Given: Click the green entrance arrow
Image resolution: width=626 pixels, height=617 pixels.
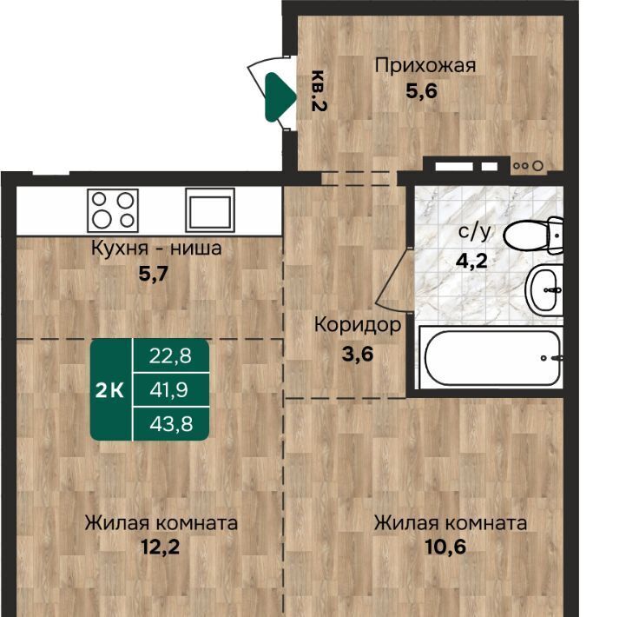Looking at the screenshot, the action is click(x=280, y=96).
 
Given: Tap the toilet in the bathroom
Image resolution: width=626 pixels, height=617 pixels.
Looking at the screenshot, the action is click(x=534, y=236).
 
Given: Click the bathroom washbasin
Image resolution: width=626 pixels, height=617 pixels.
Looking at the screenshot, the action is click(x=544, y=289).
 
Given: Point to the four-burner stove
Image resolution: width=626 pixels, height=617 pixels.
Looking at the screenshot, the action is click(x=113, y=210).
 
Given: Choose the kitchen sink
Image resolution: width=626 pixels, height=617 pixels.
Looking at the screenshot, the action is click(x=210, y=210).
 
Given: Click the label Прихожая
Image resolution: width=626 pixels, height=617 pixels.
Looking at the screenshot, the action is click(x=425, y=65).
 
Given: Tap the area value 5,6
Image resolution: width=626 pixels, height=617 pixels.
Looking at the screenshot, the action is click(x=422, y=91).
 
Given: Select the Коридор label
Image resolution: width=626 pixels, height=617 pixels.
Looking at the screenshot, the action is click(x=358, y=324).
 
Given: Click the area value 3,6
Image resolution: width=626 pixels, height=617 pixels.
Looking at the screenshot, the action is click(x=358, y=354).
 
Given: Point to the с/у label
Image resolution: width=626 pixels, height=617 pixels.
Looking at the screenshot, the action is click(x=474, y=231).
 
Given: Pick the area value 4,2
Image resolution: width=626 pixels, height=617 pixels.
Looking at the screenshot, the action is click(x=472, y=261).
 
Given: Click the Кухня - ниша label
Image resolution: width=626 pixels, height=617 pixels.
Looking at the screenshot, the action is click(x=156, y=248).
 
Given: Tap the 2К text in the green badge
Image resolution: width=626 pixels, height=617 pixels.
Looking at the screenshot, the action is click(x=109, y=390).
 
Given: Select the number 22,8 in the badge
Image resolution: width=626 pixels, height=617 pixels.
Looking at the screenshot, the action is click(x=170, y=355).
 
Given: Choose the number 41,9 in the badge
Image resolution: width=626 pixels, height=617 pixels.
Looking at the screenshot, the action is click(x=169, y=389).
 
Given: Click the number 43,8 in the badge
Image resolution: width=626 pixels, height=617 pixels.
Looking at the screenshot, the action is click(x=171, y=424).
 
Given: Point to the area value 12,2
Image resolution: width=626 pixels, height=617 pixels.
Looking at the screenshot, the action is click(x=161, y=547).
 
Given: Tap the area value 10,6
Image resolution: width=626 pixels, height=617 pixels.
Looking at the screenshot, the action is click(x=445, y=547).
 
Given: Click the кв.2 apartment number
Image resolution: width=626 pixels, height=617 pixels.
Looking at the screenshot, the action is click(x=319, y=90).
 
